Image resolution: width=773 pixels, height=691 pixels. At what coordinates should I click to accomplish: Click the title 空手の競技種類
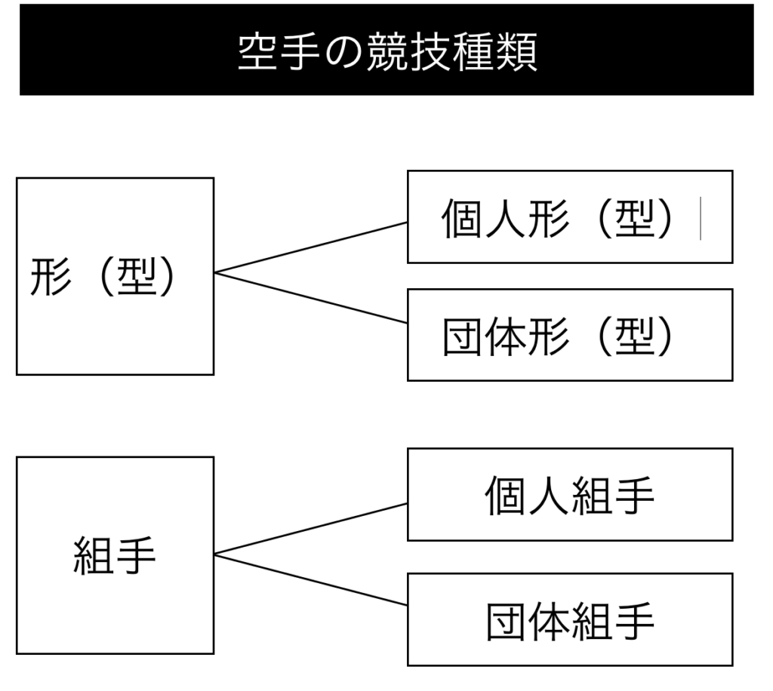click(x=386, y=51)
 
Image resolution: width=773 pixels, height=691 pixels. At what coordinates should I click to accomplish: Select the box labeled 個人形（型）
click(x=569, y=217)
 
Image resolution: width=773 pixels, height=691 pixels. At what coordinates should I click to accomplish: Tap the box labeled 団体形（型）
click(x=569, y=335)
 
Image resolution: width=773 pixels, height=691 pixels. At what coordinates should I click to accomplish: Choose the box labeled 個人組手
click(x=569, y=495)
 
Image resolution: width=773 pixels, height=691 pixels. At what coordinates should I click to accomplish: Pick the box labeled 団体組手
click(x=569, y=620)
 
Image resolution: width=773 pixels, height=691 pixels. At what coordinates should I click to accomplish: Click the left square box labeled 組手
click(x=115, y=555)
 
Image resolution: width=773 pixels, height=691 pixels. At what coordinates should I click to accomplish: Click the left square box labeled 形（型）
click(x=115, y=276)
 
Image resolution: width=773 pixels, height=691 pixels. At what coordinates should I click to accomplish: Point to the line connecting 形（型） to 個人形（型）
click(x=310, y=247)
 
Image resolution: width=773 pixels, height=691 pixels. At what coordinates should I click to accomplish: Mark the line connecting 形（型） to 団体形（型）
click(x=310, y=297)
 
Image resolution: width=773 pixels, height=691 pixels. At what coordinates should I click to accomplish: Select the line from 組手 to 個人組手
click(x=310, y=529)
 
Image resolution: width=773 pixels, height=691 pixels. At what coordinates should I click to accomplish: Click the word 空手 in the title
click(x=281, y=51)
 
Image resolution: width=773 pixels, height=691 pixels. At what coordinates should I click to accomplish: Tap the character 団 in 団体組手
click(x=505, y=621)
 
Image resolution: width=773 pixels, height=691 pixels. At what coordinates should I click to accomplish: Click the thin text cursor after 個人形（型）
click(x=701, y=219)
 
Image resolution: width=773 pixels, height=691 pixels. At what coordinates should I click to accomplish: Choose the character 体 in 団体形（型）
click(x=504, y=336)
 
